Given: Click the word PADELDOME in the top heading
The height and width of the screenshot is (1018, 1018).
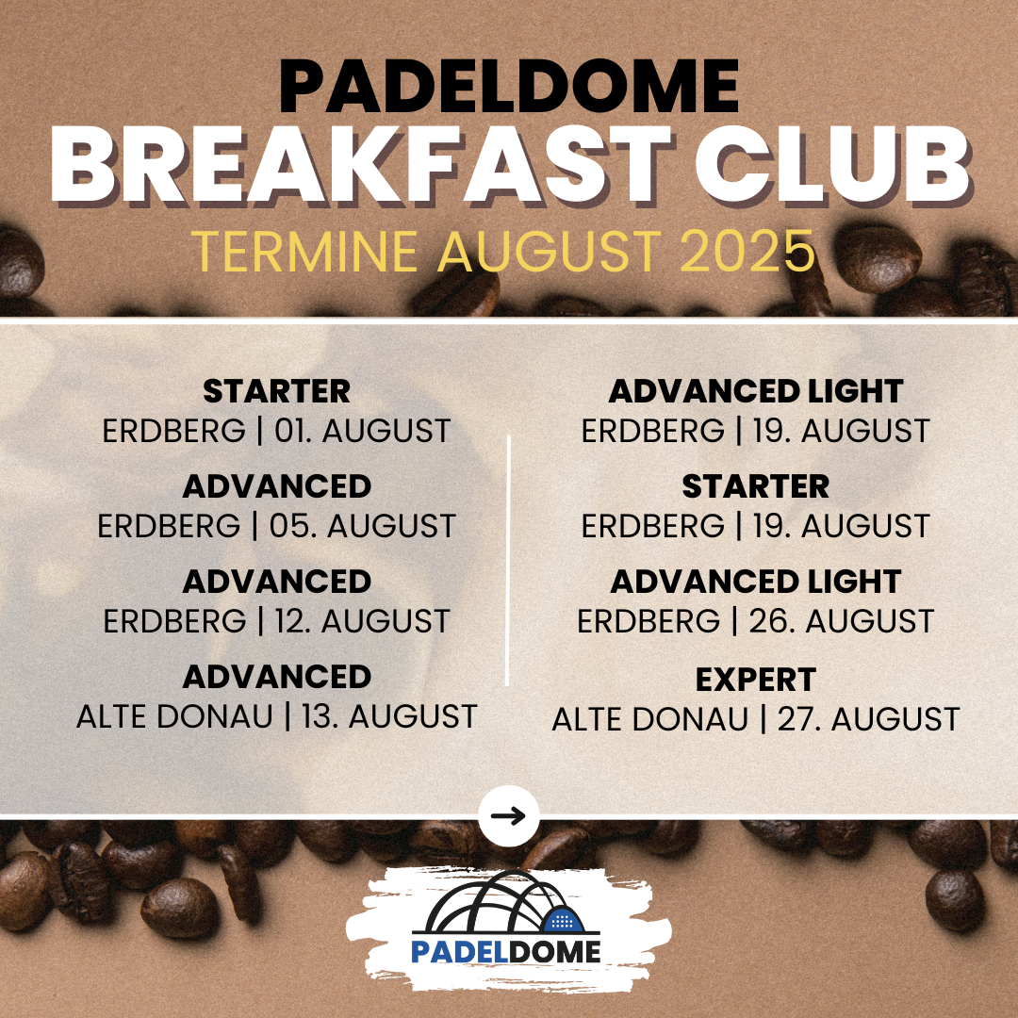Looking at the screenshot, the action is tap(509, 87).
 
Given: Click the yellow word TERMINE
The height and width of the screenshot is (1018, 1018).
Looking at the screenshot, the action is tap(304, 251).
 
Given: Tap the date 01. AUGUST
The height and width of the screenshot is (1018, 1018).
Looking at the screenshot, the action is tap(362, 431).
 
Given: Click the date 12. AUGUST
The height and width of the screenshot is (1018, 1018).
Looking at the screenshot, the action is tap(362, 621).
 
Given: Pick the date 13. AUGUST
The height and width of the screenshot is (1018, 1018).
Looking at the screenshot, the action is tap(389, 716).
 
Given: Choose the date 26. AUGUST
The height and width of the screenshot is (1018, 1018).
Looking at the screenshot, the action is tap(842, 621).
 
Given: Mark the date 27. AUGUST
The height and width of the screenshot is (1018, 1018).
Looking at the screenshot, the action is tap(869, 719).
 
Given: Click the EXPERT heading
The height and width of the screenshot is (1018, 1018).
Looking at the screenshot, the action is tap(756, 681).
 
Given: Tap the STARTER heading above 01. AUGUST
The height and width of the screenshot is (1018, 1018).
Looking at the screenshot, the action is tap(276, 391).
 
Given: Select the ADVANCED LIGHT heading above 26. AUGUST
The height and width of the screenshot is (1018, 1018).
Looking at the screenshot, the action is tap(756, 582).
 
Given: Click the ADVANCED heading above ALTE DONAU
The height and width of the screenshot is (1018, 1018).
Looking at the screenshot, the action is tap(276, 677).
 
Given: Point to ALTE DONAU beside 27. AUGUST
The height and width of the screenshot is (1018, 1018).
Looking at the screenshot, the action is tap(649, 719).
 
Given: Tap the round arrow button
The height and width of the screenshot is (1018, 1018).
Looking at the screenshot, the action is tap(509, 816).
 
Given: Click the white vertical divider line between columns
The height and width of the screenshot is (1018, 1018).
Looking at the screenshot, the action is tap(508, 560).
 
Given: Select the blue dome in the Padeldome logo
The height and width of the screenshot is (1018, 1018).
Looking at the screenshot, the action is tap(562, 921).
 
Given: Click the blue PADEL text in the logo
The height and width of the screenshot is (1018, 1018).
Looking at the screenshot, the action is tap(460, 952).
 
